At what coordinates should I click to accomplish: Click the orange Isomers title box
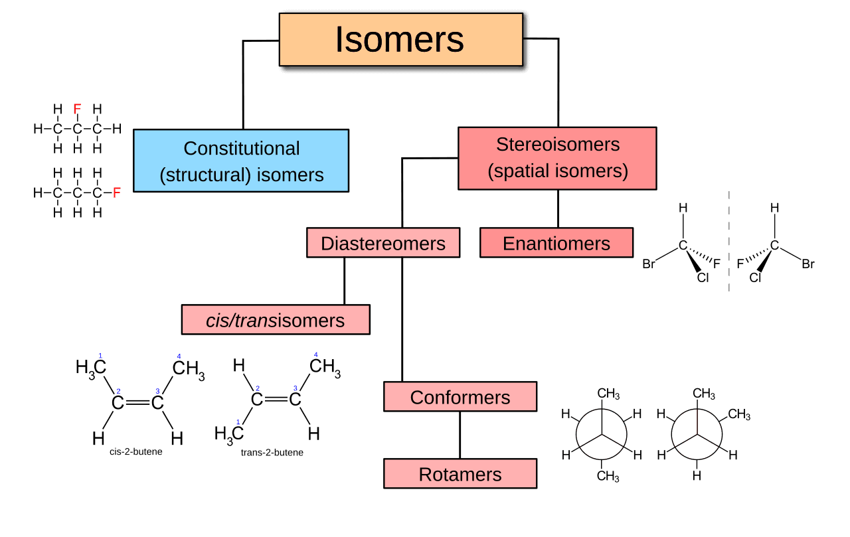(400, 39)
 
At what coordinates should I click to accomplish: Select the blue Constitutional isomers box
(241, 161)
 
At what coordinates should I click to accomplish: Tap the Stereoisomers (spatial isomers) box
(557, 158)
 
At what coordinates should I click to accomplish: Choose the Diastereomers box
(383, 243)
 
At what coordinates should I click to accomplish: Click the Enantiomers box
(556, 243)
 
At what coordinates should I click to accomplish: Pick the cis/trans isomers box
(276, 320)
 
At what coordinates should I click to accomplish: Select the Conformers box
(460, 397)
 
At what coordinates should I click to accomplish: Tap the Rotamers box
(460, 474)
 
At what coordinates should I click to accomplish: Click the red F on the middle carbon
(78, 109)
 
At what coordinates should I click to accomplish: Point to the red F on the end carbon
(117, 192)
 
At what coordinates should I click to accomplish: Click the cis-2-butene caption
(136, 452)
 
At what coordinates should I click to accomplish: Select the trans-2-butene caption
(272, 453)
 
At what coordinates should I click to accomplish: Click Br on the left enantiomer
(649, 264)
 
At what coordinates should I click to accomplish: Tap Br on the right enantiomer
(807, 264)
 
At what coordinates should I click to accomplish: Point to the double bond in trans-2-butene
(276, 399)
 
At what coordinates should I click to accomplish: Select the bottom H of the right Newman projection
(696, 476)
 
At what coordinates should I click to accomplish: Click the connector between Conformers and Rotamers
(460, 435)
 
